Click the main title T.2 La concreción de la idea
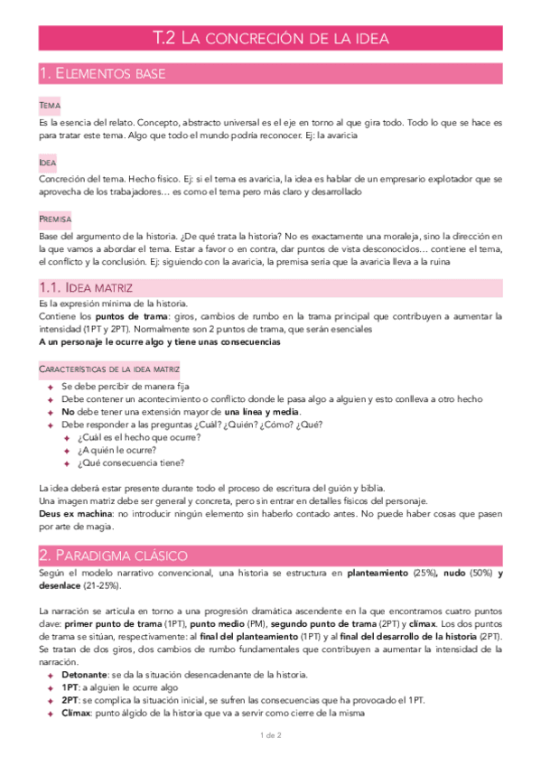pos(270,38)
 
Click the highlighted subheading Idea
pos(48,163)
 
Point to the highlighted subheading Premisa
pos(55,220)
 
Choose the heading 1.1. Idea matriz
pos(87,287)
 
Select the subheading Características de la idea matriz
pos(109,369)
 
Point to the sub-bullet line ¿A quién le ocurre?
pos(117,450)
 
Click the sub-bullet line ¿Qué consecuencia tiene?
pos(130,463)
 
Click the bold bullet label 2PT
pos(70,700)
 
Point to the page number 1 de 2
pos(271,735)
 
